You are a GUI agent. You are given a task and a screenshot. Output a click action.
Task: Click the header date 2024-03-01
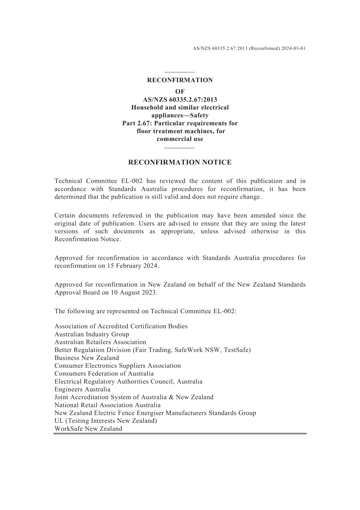293,49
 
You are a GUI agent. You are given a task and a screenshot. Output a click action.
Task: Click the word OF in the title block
180,91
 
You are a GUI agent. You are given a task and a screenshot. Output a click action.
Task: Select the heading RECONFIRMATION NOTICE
180,162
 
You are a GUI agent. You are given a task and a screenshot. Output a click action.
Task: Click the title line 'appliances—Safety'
180,115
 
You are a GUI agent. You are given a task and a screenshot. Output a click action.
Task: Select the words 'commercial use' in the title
180,139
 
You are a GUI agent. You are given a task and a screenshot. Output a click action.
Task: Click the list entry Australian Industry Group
92,334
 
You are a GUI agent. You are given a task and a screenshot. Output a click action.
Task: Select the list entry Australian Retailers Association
100,342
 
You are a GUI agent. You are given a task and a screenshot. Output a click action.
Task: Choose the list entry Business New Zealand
86,358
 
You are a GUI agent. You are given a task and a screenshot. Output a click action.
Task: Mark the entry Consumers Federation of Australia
104,373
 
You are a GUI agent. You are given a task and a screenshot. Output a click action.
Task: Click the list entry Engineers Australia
82,389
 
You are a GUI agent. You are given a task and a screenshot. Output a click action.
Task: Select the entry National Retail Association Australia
107,405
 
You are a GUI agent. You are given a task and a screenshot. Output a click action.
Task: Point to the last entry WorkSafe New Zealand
88,429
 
